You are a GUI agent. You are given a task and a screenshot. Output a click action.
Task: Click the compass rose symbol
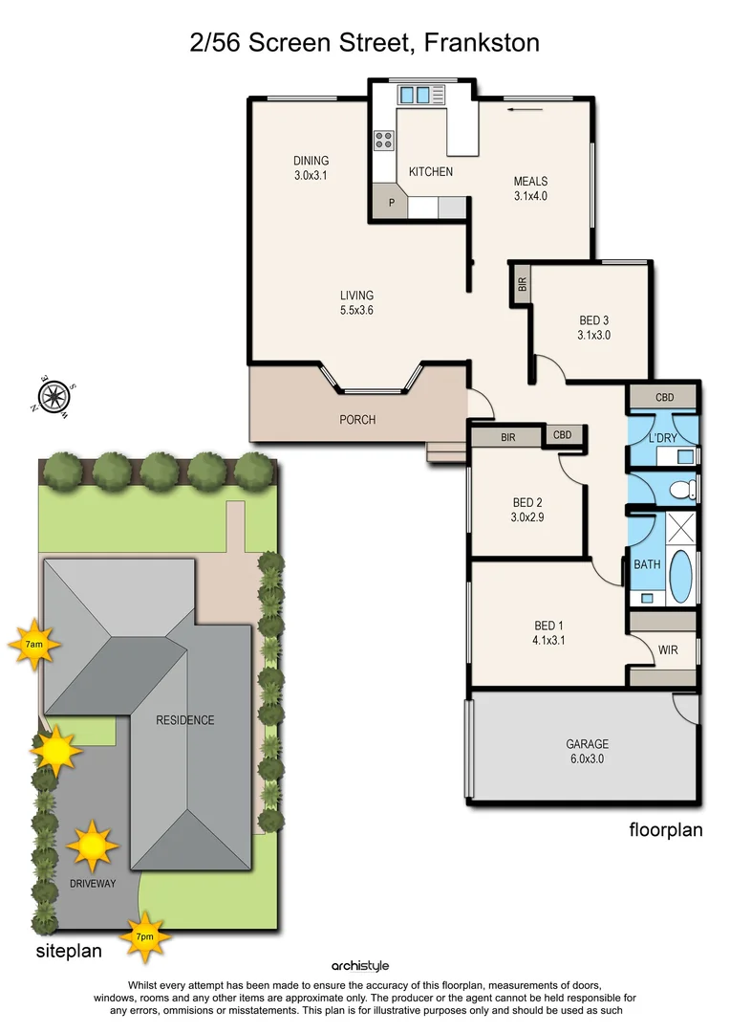pyautogui.click(x=54, y=394)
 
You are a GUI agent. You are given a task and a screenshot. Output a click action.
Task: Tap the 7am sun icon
pyautogui.click(x=34, y=646)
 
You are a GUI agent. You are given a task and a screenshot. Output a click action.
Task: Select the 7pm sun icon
pyautogui.click(x=144, y=936)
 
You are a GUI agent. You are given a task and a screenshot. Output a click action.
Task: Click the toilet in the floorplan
pyautogui.click(x=683, y=491)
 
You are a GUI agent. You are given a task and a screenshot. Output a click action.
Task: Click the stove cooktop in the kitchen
pyautogui.click(x=384, y=141)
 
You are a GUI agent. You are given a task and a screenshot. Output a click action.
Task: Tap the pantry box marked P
pyautogui.click(x=391, y=203)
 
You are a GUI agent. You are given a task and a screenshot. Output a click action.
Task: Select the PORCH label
pyautogui.click(x=357, y=420)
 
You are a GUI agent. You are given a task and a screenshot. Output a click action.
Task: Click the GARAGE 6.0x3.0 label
pyautogui.click(x=587, y=751)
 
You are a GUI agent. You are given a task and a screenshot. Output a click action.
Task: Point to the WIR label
pyautogui.click(x=669, y=649)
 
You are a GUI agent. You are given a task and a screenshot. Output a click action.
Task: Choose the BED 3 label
pyautogui.click(x=593, y=327)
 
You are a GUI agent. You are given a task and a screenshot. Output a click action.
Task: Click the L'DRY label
pyautogui.click(x=662, y=437)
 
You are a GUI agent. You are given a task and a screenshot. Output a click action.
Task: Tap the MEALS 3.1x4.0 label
pyautogui.click(x=530, y=188)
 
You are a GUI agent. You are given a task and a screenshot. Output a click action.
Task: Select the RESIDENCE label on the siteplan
pyautogui.click(x=185, y=720)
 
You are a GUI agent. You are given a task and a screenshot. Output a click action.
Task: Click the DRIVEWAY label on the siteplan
pyautogui.click(x=93, y=883)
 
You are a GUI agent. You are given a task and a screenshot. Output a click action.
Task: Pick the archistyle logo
pyautogui.click(x=360, y=966)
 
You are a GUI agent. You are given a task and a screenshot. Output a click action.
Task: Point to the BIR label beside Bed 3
pyautogui.click(x=522, y=284)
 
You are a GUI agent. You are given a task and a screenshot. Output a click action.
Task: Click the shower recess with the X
pyautogui.click(x=681, y=528)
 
